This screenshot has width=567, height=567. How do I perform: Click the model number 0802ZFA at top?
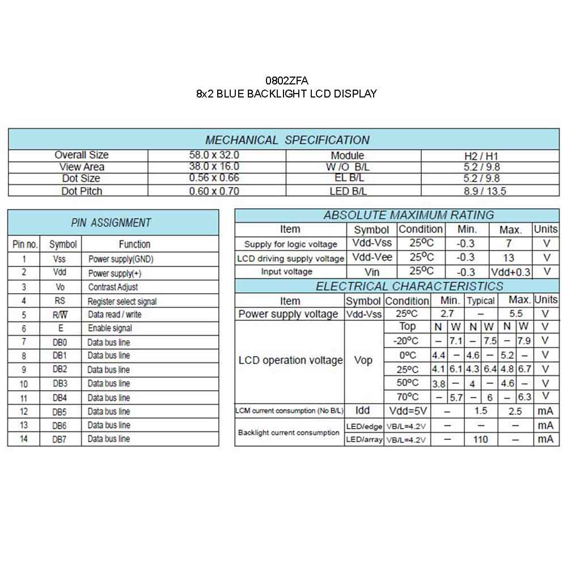point(286,81)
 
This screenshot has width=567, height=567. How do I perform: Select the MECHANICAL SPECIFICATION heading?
point(287,140)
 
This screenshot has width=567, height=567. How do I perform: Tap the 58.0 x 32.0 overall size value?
point(214,155)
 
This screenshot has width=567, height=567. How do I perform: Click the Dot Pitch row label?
point(82,191)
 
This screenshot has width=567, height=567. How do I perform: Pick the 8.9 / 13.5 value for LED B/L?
point(485,191)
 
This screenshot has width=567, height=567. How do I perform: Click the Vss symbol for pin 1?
point(60,259)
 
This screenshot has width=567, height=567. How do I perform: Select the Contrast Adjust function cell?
point(113,287)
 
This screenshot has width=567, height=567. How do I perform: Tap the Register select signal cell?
point(122,301)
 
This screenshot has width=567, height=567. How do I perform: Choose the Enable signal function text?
point(110,328)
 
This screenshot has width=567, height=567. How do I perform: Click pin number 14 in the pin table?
point(24,439)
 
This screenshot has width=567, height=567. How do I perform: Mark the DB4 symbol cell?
point(60,397)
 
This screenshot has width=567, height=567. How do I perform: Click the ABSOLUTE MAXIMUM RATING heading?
point(408,215)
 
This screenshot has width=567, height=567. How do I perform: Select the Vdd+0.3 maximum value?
point(510,272)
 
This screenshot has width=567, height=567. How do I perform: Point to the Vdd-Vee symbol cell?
point(372,257)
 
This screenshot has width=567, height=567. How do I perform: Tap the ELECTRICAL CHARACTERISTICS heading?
point(409,286)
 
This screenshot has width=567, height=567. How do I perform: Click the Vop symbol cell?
point(363,361)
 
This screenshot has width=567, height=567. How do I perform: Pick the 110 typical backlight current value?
point(480,439)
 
